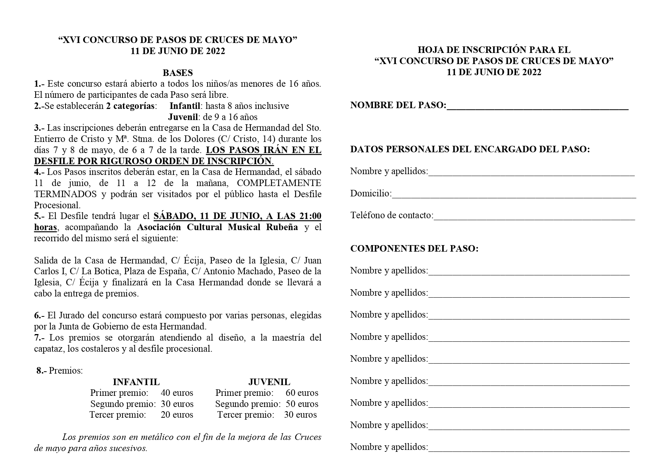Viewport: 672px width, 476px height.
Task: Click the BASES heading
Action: pyautogui.click(x=177, y=72)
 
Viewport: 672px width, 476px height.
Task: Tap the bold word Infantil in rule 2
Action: pyautogui.click(x=187, y=106)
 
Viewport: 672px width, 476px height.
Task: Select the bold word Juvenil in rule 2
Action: pyautogui.click(x=183, y=117)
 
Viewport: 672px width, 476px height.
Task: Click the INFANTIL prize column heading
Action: pyautogui.click(x=136, y=382)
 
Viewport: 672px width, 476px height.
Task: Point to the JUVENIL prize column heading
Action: pyautogui.click(x=269, y=382)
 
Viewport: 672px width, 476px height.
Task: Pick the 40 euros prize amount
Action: pyautogui.click(x=177, y=393)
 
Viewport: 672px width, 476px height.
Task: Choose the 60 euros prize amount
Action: pyautogui.click(x=302, y=393)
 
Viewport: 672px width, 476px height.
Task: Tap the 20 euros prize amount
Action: pyautogui.click(x=177, y=415)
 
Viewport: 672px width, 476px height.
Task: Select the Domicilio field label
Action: pyautogui.click(x=371, y=193)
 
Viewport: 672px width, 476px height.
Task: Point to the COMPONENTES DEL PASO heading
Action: pyautogui.click(x=414, y=249)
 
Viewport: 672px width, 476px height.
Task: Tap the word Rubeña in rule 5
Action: pyautogui.click(x=282, y=227)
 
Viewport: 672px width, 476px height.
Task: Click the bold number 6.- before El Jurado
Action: pyautogui.click(x=39, y=316)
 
